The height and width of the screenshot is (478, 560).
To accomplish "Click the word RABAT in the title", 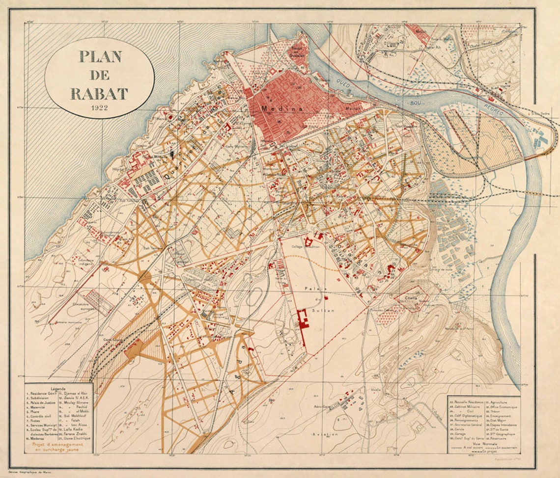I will (x=99, y=93).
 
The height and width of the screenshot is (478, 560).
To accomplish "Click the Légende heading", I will (x=58, y=388).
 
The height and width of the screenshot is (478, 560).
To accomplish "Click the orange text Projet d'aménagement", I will (x=57, y=446).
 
